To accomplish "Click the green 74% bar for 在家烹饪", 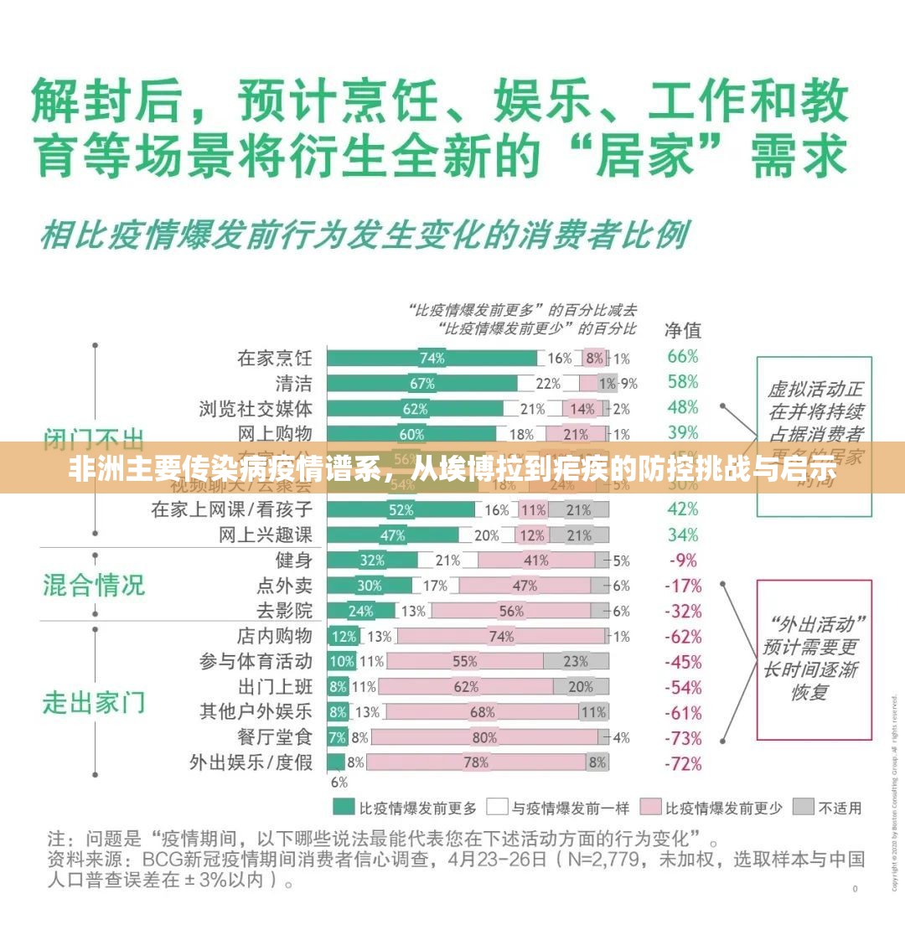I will (x=432, y=358).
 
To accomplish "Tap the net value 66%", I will (x=682, y=356).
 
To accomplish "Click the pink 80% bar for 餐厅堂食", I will (x=484, y=737).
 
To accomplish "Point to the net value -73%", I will (x=682, y=738).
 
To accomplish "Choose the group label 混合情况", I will (x=94, y=584).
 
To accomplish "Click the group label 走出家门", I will (x=94, y=701).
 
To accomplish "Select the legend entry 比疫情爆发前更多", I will (x=406, y=808).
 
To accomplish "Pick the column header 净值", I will (x=683, y=328).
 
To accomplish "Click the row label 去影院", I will (x=284, y=611).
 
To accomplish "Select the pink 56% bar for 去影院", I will (x=510, y=611).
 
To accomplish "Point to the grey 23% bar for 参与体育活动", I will (x=576, y=661).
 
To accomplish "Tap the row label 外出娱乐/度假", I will (x=251, y=762).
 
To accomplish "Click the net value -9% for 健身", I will (x=682, y=560).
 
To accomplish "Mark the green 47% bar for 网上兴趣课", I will (x=392, y=535).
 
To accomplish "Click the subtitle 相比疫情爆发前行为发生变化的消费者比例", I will (x=364, y=235).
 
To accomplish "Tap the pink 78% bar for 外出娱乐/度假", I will (x=476, y=762).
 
